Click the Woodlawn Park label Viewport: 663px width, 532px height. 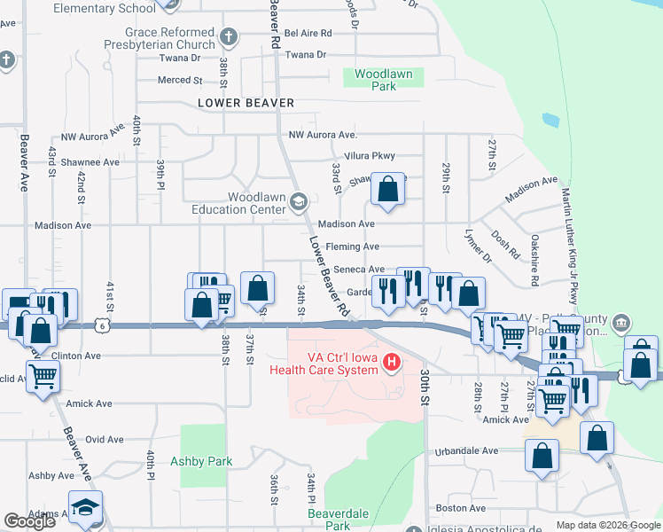(383, 81)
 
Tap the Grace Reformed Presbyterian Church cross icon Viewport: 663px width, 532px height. (229, 37)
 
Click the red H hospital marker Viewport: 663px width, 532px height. (386, 363)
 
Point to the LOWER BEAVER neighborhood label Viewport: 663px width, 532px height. (246, 103)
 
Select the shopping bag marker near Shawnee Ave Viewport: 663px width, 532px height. (387, 188)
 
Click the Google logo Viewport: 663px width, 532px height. (29, 520)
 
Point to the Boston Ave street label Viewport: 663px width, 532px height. (461, 508)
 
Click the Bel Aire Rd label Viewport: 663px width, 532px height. (308, 33)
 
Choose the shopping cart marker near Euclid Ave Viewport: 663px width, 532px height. (43, 378)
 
